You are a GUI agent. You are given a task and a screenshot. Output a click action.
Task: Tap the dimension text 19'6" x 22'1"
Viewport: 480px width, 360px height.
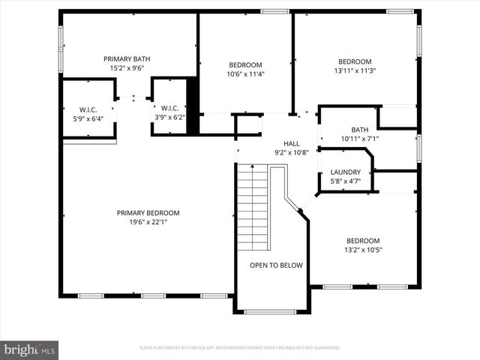pos(148,222)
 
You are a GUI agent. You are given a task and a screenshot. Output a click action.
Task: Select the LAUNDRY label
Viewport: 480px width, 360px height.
pos(345,172)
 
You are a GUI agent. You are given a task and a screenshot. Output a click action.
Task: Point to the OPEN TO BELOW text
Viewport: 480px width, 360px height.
pos(276,265)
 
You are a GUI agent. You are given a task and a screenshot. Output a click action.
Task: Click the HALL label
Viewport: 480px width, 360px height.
pos(291,143)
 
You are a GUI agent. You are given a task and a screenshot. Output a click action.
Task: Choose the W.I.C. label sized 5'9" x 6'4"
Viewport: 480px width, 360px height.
pos(88,109)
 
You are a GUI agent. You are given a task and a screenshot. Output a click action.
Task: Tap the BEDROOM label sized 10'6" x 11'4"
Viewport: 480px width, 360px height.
pos(245,64)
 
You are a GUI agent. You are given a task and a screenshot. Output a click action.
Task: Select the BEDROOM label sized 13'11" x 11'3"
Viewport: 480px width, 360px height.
pos(355,61)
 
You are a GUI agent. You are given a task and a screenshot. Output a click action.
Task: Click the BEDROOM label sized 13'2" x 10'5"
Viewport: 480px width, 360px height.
pos(362,241)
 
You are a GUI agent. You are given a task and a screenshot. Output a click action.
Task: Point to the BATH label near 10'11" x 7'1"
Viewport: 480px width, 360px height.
pos(359,130)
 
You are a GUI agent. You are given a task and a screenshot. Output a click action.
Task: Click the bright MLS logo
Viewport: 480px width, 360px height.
pos(29,349)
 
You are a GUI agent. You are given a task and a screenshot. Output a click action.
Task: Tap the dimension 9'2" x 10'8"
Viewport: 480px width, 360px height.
pos(291,152)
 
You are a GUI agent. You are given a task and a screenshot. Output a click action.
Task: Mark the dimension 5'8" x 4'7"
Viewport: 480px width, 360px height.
pos(345,181)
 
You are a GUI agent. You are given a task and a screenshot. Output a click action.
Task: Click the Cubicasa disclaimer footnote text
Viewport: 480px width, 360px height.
pos(240,348)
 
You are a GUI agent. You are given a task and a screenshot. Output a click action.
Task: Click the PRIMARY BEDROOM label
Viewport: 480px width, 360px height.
pos(148,213)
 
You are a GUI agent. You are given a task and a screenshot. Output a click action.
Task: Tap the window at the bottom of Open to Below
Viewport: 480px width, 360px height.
pos(271,311)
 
